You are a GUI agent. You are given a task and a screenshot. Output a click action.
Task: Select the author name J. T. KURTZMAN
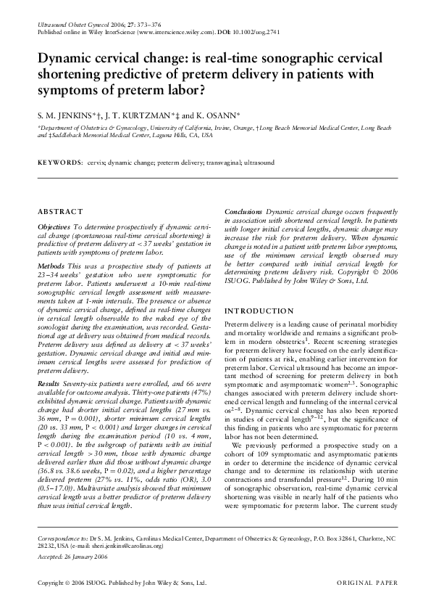(141, 115)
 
